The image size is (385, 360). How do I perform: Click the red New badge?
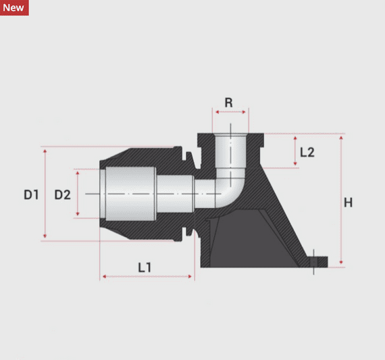point(14,7)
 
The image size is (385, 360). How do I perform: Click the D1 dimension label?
point(31,195)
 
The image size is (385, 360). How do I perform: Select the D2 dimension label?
point(62,195)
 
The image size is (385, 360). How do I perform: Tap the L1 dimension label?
point(145,267)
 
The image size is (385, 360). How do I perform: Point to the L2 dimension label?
point(307,152)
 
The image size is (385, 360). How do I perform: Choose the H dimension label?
point(348,202)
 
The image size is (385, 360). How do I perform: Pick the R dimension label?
point(229,103)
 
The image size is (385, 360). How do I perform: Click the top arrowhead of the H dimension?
point(341,137)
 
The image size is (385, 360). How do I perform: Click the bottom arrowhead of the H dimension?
point(341,263)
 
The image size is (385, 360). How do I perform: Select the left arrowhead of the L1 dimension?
point(104,276)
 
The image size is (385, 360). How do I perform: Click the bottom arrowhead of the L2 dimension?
point(294,164)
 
